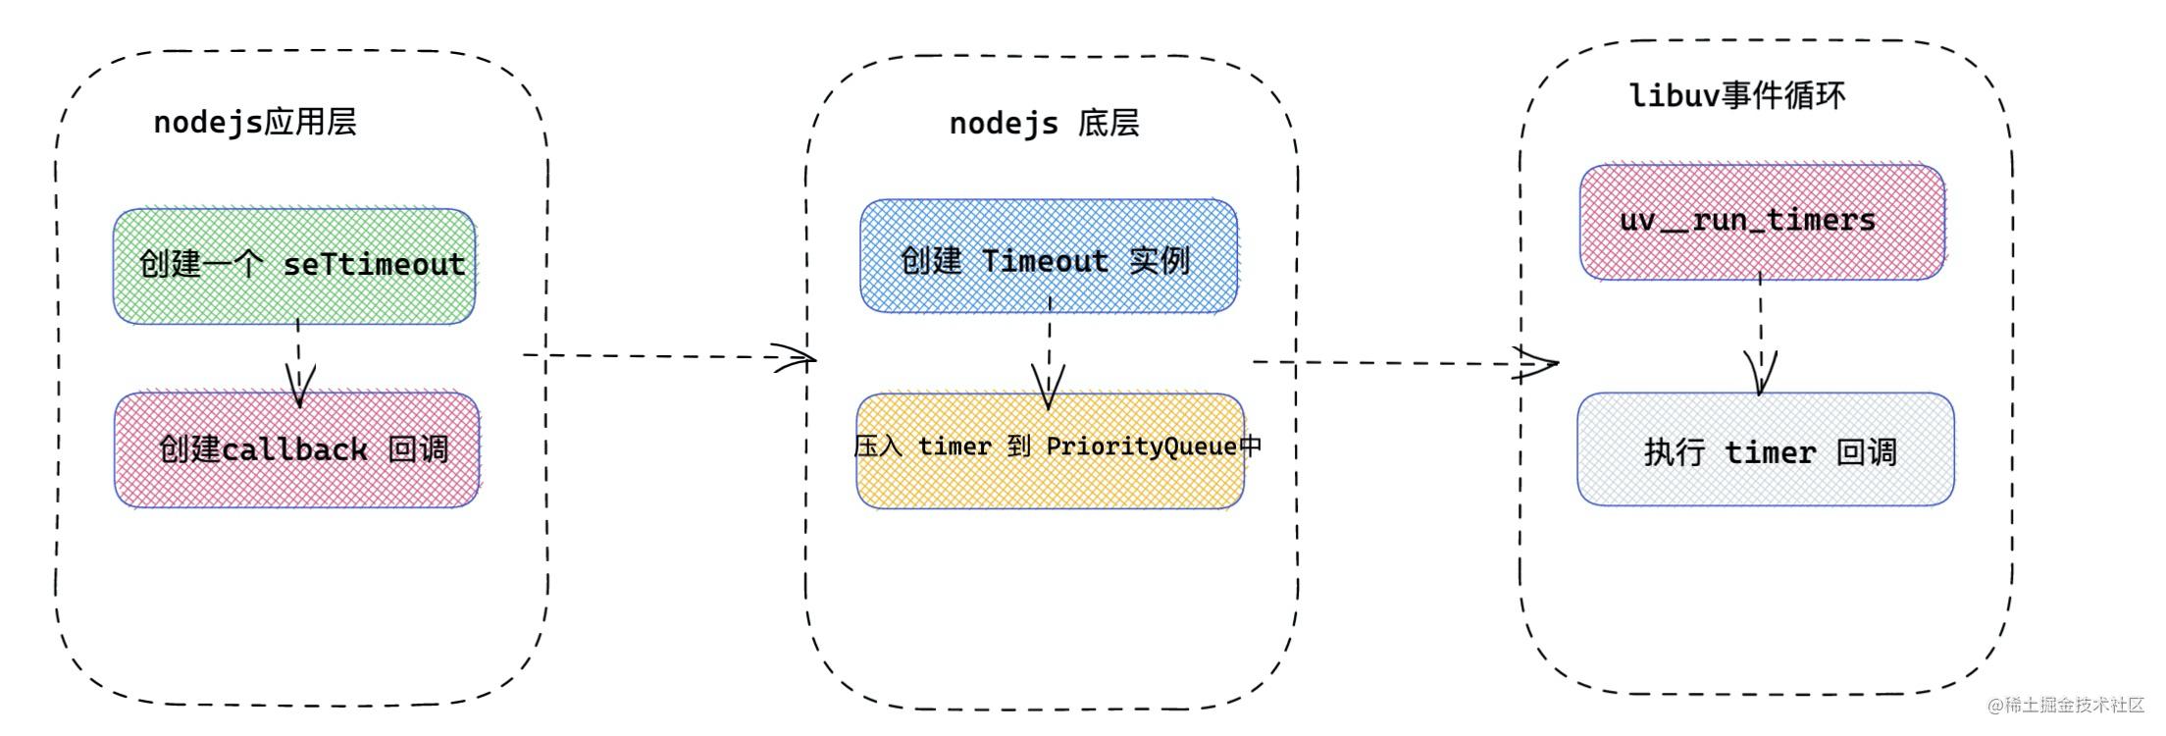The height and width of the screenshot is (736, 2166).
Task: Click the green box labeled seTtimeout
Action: tap(294, 266)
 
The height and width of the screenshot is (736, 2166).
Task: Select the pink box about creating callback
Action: tap(297, 449)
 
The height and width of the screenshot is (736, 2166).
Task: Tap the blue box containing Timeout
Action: tap(1049, 256)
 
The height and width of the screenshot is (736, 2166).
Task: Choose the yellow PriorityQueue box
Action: tap(1051, 450)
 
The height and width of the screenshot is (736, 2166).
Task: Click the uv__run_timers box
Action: tap(1762, 222)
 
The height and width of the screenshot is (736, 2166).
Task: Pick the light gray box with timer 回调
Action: tap(1766, 449)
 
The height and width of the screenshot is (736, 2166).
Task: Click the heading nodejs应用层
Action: tap(255, 122)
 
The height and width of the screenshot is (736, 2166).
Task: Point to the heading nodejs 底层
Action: tap(1044, 124)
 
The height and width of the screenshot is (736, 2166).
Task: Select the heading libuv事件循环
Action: tap(1737, 95)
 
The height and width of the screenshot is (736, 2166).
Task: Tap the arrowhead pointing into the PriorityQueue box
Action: tap(1048, 388)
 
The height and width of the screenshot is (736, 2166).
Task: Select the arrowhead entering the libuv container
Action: tap(1538, 364)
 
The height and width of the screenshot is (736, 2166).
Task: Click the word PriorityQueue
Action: tap(1142, 447)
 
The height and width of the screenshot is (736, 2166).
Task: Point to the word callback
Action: tap(294, 449)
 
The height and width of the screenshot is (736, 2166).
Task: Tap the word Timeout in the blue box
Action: tap(1045, 261)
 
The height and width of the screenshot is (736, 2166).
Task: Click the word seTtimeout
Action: tap(374, 264)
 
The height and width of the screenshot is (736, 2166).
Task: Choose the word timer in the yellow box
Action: tap(954, 447)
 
